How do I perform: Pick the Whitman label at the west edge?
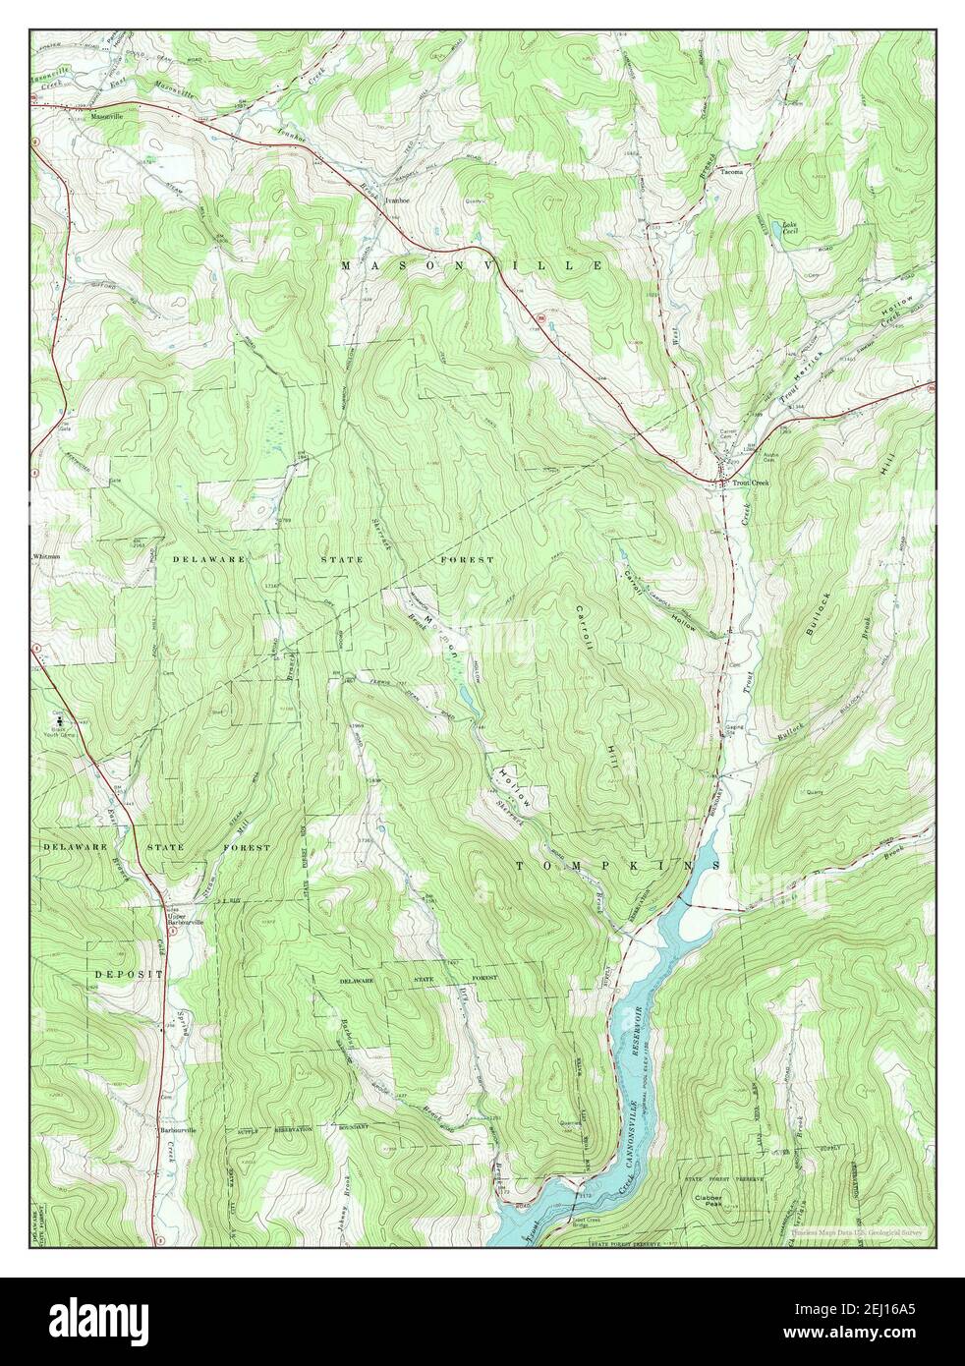47,556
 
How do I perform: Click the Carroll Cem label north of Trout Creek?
728,432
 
